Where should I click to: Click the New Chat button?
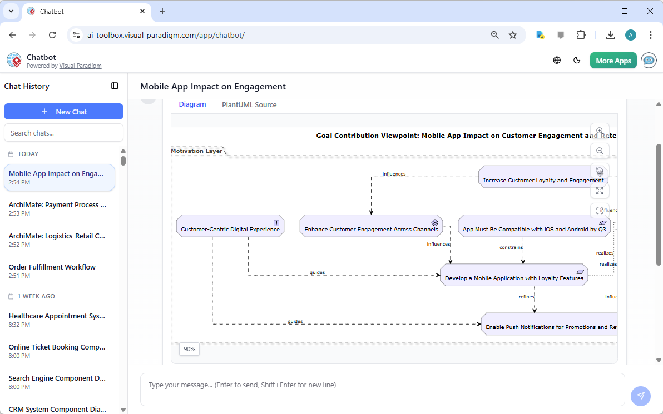pyautogui.click(x=63, y=112)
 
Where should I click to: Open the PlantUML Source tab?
pyautogui.click(x=249, y=104)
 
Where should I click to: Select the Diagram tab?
pyautogui.click(x=192, y=104)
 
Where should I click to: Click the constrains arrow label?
pyautogui.click(x=511, y=247)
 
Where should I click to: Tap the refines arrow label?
pyautogui.click(x=526, y=297)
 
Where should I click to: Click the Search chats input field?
pyautogui.click(x=63, y=133)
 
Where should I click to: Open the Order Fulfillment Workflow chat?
pyautogui.click(x=52, y=267)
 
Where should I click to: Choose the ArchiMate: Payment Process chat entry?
pyautogui.click(x=57, y=204)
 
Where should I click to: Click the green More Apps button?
pyautogui.click(x=613, y=61)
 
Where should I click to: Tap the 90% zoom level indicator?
pyautogui.click(x=189, y=349)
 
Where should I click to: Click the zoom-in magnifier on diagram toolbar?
pyautogui.click(x=599, y=131)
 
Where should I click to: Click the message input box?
pyautogui.click(x=382, y=389)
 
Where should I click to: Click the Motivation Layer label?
pyautogui.click(x=197, y=151)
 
